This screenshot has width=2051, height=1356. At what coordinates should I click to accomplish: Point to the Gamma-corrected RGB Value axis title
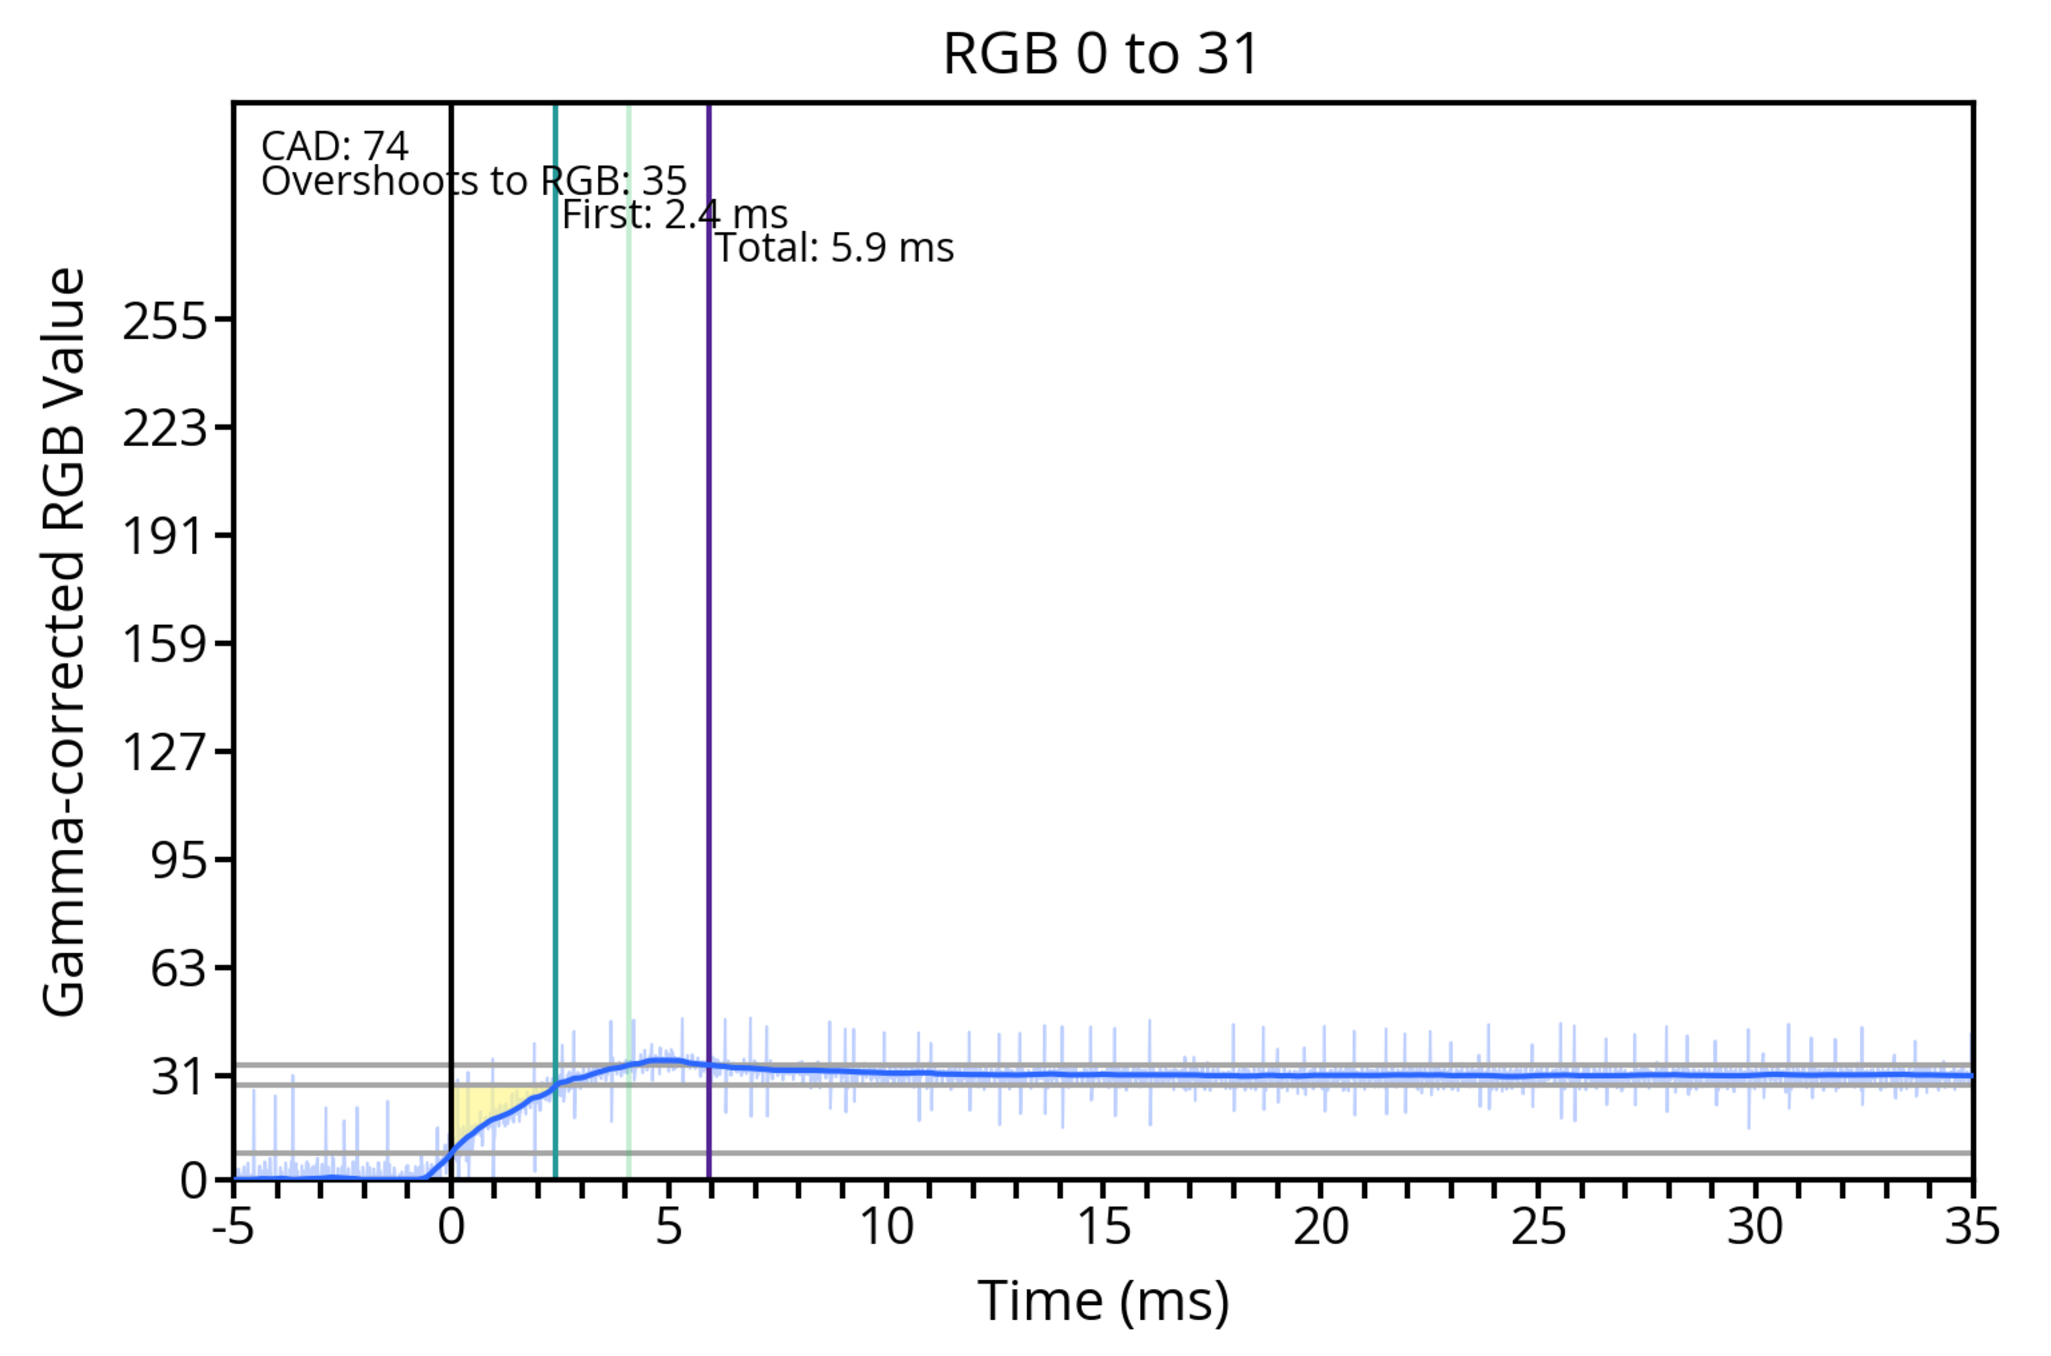point(64,642)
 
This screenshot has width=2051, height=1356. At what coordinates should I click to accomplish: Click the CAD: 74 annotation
point(335,146)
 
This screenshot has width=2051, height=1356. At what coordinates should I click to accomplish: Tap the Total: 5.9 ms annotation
point(834,248)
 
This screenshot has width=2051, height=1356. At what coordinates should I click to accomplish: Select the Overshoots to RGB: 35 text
point(474,181)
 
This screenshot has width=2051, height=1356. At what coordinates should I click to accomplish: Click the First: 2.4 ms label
point(675,215)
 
